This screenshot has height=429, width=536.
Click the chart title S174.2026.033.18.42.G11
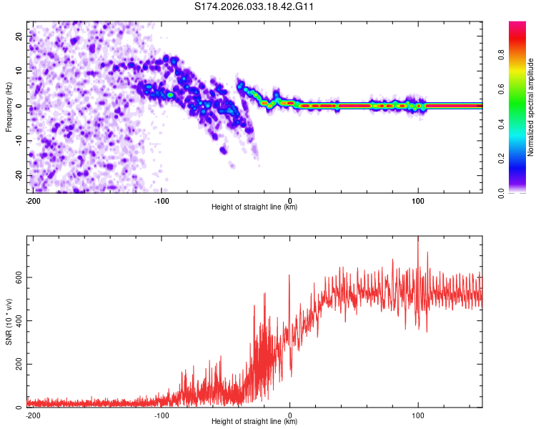point(255,6)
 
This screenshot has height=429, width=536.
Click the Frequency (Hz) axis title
point(9,107)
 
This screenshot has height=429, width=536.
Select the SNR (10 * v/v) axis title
point(9,321)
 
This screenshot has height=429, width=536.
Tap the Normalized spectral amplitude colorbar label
point(531,107)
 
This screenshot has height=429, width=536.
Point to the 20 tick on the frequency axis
point(19,36)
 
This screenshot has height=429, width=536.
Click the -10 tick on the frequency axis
point(17,141)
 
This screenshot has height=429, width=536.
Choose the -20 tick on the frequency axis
point(17,176)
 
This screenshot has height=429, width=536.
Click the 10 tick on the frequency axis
point(19,71)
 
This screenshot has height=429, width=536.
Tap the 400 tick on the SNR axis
point(16,320)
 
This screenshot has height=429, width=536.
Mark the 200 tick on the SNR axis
point(16,364)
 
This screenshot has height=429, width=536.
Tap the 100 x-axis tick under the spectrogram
point(418,200)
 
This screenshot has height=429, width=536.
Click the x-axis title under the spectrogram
point(254,207)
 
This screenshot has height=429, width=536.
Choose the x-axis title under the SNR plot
point(254,422)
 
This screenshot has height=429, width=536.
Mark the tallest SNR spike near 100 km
point(418,239)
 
